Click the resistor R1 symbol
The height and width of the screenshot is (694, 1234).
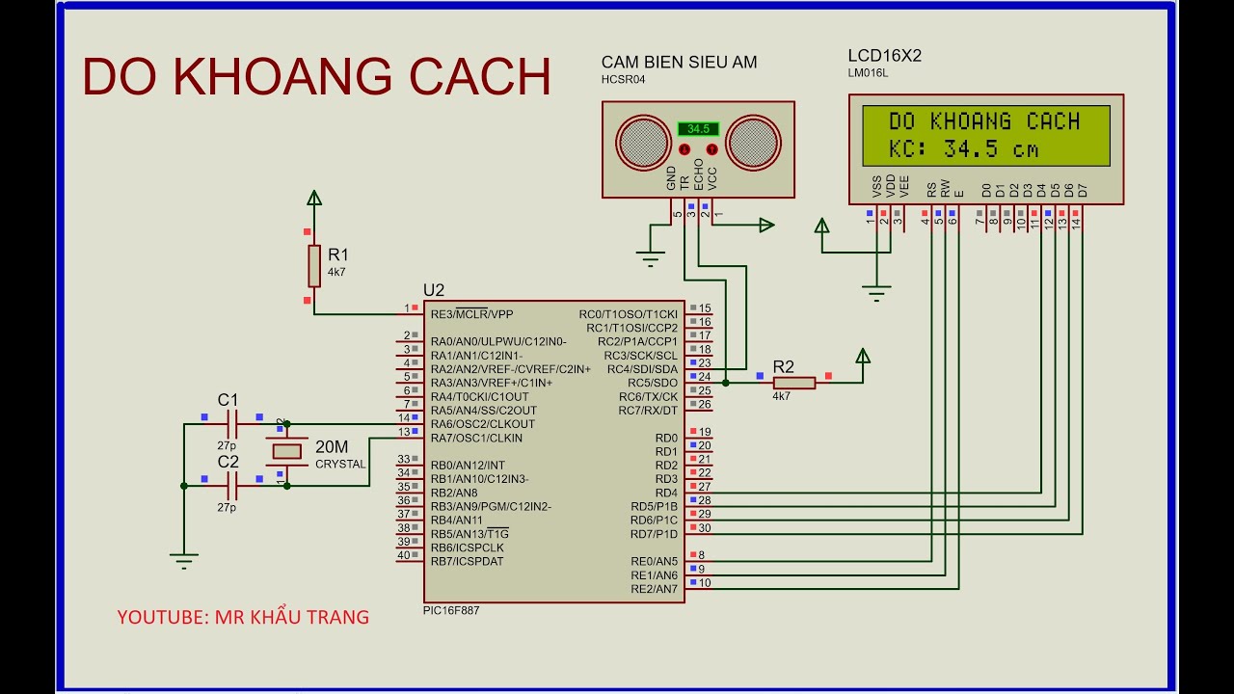coord(313,265)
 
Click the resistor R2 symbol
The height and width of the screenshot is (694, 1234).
coord(794,383)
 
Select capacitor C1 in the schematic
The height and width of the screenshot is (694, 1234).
coord(231,422)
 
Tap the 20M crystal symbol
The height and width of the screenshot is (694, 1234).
coord(286,451)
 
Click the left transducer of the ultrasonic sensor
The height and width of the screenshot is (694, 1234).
coord(642,142)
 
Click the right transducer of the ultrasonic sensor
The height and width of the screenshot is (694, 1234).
coord(753,142)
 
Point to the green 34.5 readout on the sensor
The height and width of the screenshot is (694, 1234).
coord(698,128)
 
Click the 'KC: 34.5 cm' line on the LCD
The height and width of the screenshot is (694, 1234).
coord(964,149)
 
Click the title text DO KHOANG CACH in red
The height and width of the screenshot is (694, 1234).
coord(316,77)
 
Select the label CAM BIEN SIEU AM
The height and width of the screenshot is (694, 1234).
coord(679,63)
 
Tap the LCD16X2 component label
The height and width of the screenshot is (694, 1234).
coord(884,56)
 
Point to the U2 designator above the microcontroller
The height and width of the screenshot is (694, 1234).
coord(434,290)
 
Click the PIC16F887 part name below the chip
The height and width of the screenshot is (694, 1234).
coord(450,610)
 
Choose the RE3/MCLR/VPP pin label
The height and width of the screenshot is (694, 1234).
coord(471,314)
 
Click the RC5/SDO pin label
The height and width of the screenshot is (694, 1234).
coord(652,383)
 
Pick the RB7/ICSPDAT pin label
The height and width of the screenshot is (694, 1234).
coord(467,561)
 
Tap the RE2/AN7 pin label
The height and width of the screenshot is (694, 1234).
coord(654,588)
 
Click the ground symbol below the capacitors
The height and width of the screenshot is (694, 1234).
coord(184,557)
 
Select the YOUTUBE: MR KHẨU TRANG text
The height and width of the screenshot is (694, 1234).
coord(243,617)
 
